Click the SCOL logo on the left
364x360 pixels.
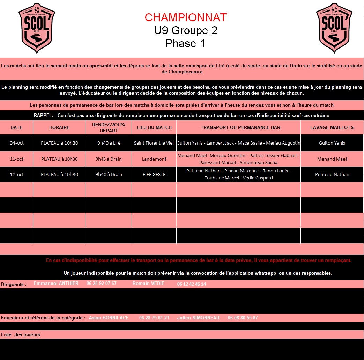coord(37,28)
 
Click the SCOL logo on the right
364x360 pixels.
coord(334,28)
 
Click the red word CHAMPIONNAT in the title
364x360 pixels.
coord(186,17)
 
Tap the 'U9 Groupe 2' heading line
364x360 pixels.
coord(186,31)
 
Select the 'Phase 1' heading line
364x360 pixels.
coord(186,43)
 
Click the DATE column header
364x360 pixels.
coord(16,127)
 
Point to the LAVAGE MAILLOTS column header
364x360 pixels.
coord(332,127)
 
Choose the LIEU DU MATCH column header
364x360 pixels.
coord(154,127)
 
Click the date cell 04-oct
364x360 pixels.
coord(16,143)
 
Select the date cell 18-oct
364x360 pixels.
coord(16,174)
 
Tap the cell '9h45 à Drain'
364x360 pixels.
coord(109,159)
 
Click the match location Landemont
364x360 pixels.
coord(154,159)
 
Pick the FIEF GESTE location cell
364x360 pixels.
coord(154,174)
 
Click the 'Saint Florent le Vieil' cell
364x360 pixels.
coord(154,143)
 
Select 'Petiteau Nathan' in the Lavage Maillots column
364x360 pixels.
coord(332,174)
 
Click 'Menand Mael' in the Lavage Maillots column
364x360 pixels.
coord(332,159)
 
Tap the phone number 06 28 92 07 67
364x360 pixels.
coord(102,283)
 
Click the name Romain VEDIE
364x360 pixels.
coord(148,283)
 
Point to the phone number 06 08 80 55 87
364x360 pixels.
coord(243,318)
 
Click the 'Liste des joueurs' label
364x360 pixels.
coord(21,335)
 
